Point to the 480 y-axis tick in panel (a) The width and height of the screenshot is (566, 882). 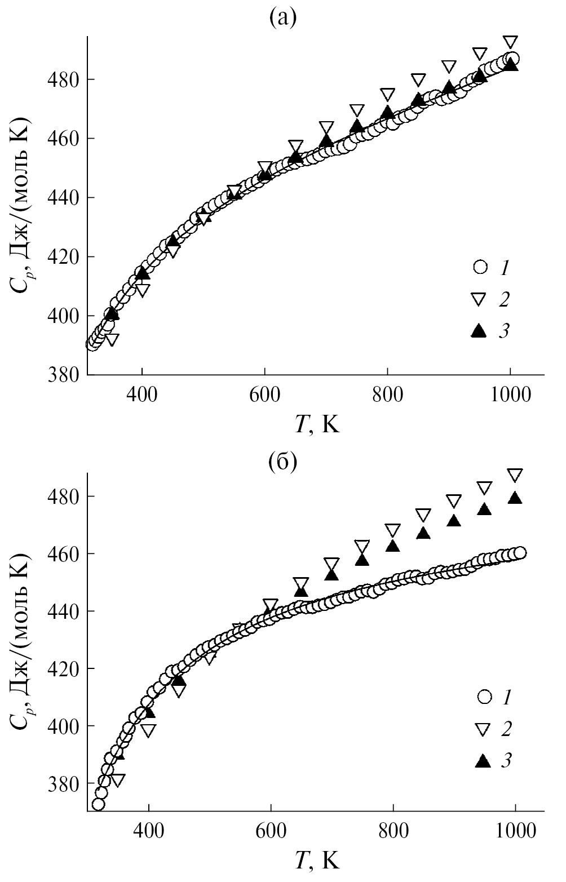pos(63,79)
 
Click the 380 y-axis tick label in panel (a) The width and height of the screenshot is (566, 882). pos(63,375)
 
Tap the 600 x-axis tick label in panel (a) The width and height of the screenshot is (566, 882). pos(264,395)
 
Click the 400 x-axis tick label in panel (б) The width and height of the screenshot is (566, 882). pos(148,831)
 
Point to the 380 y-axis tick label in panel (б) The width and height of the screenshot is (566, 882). pos(63,784)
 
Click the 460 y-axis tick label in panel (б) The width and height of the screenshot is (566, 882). pos(63,554)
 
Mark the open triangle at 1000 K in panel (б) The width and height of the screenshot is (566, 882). pos(515,475)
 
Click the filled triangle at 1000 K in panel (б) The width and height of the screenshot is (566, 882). pos(515,497)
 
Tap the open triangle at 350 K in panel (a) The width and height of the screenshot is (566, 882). pos(112,339)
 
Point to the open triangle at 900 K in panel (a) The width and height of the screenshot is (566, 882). pos(449,66)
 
